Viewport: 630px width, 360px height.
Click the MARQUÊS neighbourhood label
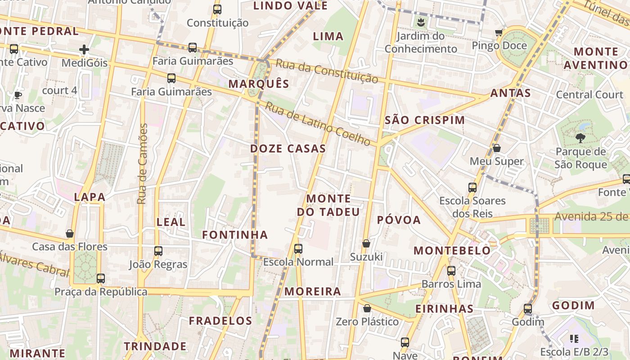[259, 84]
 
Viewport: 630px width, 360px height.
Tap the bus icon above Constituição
[217, 9]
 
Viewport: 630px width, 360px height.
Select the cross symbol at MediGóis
[84, 49]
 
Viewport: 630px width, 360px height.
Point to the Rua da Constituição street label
[327, 71]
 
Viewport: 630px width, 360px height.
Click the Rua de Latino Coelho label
[318, 124]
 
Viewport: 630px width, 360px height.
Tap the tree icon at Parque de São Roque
[580, 138]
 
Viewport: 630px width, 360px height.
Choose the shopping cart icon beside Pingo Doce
[499, 32]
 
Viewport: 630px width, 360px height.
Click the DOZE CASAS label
[288, 148]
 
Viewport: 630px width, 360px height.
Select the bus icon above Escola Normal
[298, 248]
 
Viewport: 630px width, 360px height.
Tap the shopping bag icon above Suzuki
[366, 243]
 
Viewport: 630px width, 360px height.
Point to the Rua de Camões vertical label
[143, 164]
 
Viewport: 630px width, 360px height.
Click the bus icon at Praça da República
[101, 279]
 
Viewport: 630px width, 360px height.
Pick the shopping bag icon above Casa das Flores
[70, 233]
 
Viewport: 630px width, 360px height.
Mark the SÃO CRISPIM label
[425, 120]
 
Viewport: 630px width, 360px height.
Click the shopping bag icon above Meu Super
[497, 148]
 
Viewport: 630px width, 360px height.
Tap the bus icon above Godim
[528, 309]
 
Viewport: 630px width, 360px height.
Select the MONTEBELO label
[452, 251]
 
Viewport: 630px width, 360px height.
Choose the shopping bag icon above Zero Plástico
[367, 308]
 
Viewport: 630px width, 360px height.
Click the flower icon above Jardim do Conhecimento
[421, 22]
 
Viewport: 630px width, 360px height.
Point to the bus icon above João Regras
[158, 251]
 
